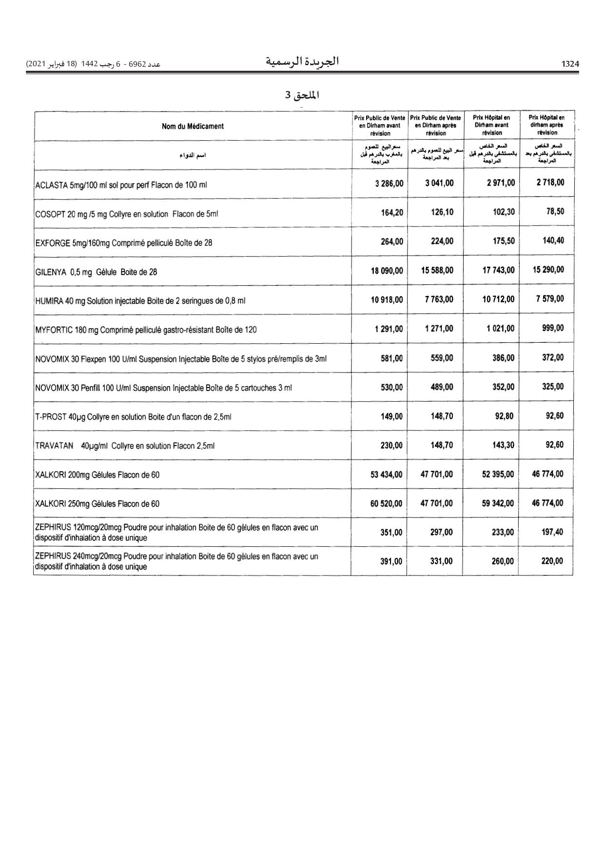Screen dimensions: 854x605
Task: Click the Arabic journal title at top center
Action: pos(302,62)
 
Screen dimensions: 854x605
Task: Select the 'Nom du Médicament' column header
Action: pos(193,126)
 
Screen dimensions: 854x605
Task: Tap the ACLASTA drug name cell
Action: pos(121,185)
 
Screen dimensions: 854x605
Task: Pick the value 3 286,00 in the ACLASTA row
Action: pos(389,184)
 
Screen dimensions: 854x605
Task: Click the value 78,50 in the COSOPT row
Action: pos(555,211)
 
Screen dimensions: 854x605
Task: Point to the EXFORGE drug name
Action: pos(124,242)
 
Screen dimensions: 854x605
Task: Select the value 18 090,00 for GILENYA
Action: pos(387,270)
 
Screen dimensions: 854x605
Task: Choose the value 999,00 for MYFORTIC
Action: pos(553,328)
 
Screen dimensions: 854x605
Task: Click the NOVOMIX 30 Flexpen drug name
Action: pos(181,359)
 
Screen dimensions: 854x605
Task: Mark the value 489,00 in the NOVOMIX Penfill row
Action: pos(442,387)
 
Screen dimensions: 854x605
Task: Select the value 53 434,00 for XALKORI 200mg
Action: pos(387,474)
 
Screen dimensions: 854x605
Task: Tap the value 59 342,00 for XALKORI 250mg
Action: pos(498,503)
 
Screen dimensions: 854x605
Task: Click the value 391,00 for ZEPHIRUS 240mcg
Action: pos(391,561)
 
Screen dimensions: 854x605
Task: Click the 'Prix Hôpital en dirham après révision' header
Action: pos(547,125)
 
